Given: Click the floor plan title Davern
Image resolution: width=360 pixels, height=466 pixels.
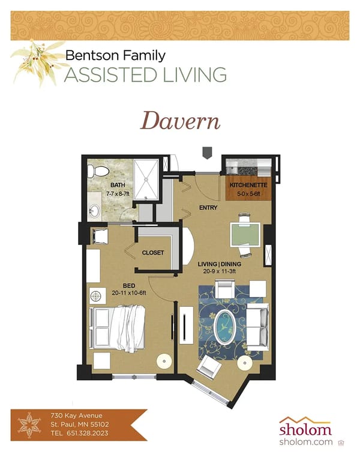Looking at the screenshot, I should click(180, 121).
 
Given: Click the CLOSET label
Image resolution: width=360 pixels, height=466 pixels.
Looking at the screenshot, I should click(152, 253).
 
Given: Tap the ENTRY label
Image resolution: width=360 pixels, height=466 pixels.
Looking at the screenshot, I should click(208, 208).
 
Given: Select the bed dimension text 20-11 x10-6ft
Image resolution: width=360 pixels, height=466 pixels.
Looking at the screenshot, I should click(129, 293).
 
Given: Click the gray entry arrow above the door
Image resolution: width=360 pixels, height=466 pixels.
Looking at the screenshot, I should click(207, 153).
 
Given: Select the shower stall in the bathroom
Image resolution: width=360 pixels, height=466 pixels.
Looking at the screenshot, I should click(146, 179).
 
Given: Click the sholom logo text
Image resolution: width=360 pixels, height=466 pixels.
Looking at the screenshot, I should click(305, 429).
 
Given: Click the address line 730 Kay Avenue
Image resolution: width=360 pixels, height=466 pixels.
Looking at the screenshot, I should click(76, 416).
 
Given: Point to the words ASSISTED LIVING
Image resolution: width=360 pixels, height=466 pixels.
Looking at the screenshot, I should click(146, 74).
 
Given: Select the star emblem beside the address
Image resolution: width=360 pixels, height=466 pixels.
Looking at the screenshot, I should click(29, 425).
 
